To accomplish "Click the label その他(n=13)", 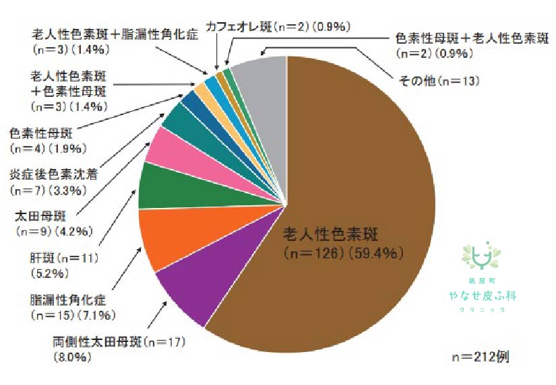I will point(439,81).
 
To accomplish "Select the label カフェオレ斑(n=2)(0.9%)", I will point(277,28).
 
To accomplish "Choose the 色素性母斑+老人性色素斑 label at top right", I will point(471,40).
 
